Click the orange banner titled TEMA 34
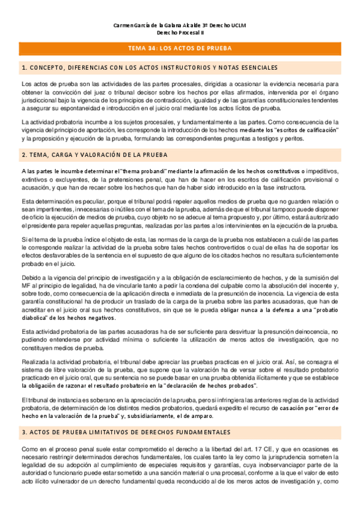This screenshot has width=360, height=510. point(180,48)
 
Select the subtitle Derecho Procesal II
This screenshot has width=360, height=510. point(180,33)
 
